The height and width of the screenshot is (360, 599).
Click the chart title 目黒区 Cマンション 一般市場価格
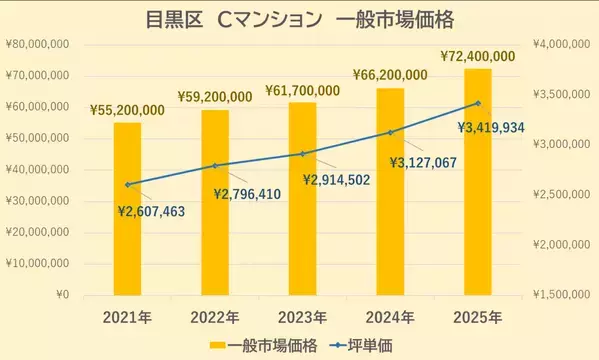point(299,18)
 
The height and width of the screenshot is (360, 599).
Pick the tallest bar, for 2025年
point(477,181)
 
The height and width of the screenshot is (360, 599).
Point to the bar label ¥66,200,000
point(391,75)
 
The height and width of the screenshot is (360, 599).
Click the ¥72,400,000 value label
point(478,56)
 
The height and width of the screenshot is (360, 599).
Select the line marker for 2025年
point(477,103)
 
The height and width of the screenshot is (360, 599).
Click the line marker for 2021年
point(127,184)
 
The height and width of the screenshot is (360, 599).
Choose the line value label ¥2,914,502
point(336,180)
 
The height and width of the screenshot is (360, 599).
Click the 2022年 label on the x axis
point(214,317)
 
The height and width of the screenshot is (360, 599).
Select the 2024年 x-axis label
point(390,317)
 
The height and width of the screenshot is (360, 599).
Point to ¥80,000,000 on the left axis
point(37,44)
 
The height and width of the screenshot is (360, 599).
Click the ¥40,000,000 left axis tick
point(37,170)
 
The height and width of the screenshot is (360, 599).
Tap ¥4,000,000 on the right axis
point(560,44)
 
